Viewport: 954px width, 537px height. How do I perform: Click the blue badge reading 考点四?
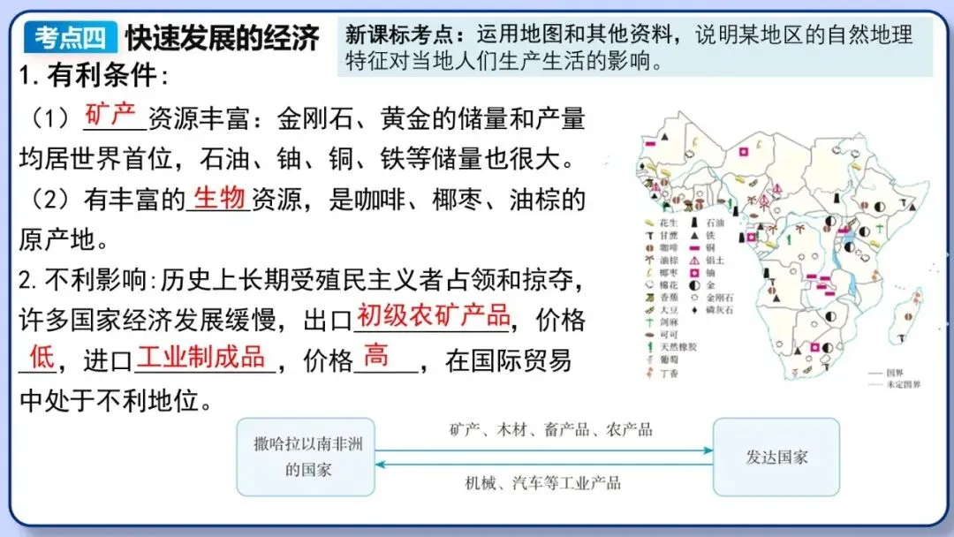click(x=71, y=38)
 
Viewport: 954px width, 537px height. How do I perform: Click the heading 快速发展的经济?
click(x=223, y=38)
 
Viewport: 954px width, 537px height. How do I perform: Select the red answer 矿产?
click(x=110, y=115)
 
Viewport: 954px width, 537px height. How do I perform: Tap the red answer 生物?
click(x=219, y=197)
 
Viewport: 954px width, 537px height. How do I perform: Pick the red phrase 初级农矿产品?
click(x=433, y=315)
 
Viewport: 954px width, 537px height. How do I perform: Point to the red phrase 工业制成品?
click(x=201, y=357)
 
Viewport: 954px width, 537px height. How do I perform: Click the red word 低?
click(x=42, y=357)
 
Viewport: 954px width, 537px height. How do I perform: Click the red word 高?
click(x=376, y=357)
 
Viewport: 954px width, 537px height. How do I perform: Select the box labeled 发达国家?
click(x=776, y=457)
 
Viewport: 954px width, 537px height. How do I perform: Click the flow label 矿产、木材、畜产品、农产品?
click(x=550, y=430)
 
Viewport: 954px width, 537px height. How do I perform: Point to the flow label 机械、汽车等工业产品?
click(x=543, y=483)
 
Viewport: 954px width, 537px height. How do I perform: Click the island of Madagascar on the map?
click(x=904, y=314)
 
